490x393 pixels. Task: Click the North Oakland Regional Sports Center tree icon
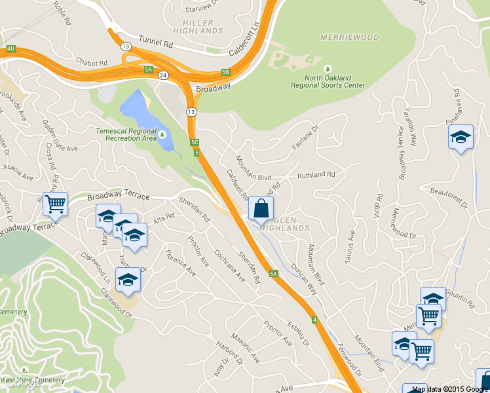coord(328,68)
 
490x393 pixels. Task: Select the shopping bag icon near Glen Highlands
coord(261,209)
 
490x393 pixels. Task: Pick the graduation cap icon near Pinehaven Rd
coord(461,137)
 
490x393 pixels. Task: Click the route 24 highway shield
coord(162,75)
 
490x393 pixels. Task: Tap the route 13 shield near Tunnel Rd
coord(125,46)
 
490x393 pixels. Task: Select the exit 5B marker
coord(226,72)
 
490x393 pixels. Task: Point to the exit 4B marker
coord(10,48)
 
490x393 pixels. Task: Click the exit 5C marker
coord(195,142)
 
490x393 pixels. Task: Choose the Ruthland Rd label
coord(316,175)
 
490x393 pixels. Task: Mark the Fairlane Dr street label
coord(305,138)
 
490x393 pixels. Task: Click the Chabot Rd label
coord(91,63)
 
